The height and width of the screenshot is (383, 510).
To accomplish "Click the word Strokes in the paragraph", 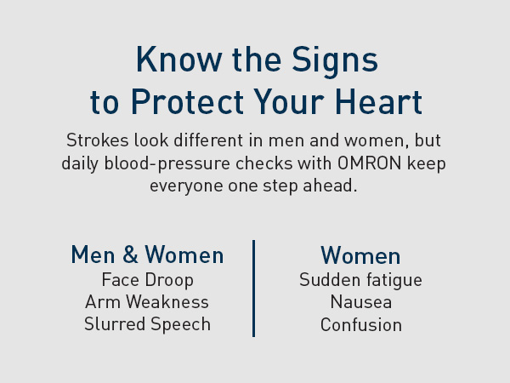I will pos(93,140).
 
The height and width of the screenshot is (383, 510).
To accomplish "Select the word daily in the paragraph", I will pos(82,162).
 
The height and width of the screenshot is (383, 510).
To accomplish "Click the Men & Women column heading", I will pos(147,254).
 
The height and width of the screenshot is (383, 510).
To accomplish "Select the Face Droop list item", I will pos(147,279).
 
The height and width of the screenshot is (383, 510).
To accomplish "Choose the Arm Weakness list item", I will pos(147,301).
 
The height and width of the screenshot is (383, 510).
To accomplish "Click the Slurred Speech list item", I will pos(147,324).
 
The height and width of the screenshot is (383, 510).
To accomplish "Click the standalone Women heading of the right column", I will pos(360,255).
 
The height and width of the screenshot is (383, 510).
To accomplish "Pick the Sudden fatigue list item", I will pos(360,279).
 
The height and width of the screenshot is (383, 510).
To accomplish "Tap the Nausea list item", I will pos(360,301).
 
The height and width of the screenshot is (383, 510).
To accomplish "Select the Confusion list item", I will pos(360,324).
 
